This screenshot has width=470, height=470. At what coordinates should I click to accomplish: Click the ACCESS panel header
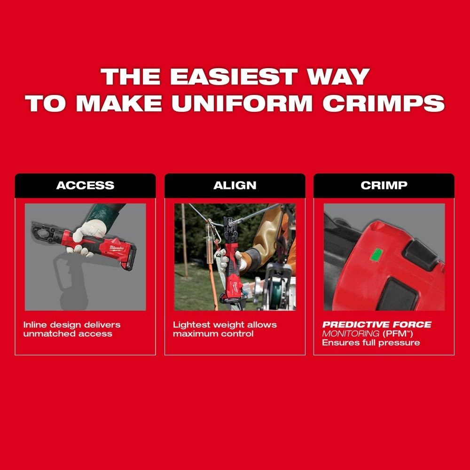point(85,185)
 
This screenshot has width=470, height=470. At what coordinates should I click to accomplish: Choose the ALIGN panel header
point(235,185)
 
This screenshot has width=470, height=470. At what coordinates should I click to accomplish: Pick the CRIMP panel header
point(384,185)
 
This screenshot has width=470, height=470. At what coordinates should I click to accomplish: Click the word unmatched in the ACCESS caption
point(46,334)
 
